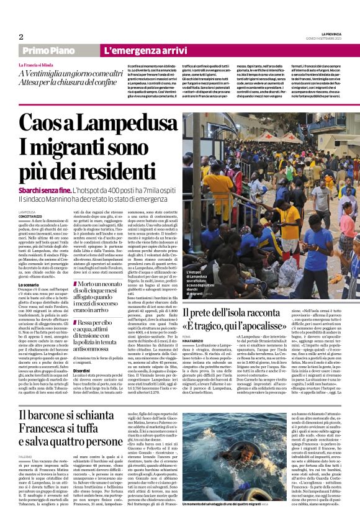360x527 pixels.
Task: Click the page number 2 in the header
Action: (21, 37)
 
